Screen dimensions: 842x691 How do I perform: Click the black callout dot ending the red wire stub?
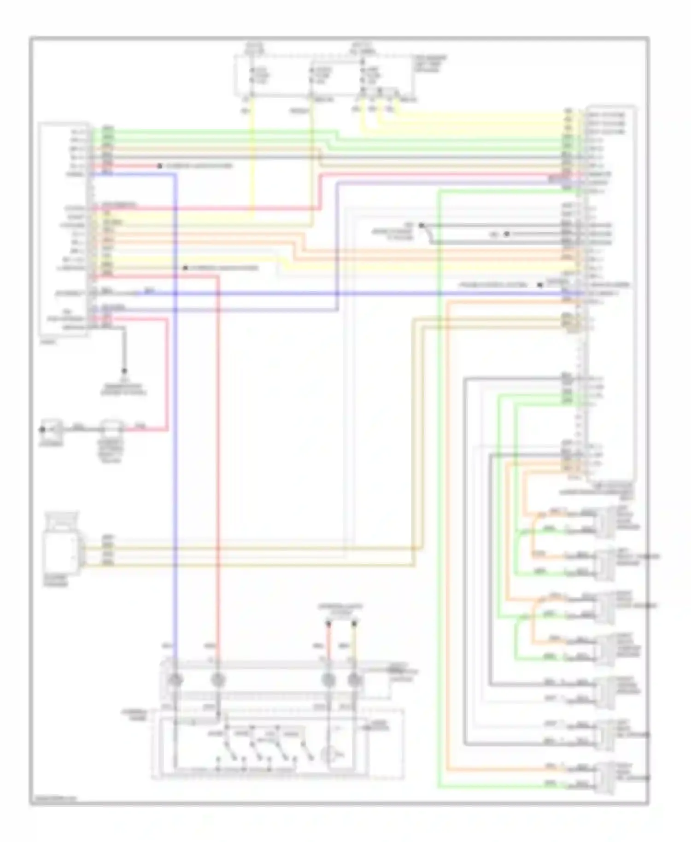point(159,166)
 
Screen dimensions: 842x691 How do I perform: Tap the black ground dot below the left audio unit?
point(124,371)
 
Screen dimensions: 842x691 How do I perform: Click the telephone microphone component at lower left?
point(60,548)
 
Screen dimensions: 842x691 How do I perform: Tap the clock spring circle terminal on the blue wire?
point(176,680)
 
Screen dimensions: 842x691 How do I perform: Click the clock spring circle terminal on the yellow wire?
point(354,680)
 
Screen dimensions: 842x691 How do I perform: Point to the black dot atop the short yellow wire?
point(354,624)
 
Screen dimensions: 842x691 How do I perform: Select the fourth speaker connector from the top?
point(605,650)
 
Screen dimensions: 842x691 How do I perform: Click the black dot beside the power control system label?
point(539,285)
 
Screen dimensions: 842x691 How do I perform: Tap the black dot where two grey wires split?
point(421,226)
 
